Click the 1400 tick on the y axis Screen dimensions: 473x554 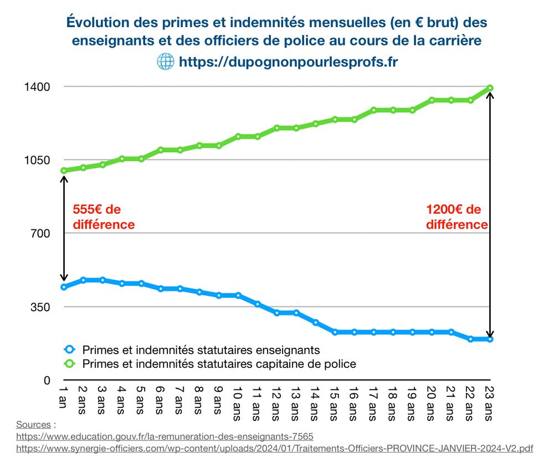click(37, 87)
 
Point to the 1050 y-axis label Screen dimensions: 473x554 click(37, 160)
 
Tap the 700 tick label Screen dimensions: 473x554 click(40, 233)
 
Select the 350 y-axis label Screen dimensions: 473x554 click(40, 307)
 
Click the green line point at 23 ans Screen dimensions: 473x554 click(490, 88)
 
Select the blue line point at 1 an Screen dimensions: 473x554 click(64, 287)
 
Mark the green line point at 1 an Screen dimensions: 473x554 click(64, 171)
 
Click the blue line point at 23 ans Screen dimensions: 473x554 click(490, 339)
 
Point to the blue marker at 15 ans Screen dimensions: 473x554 click(335, 332)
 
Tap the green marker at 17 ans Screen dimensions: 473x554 click(373, 110)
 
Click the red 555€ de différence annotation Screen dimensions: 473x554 click(104, 217)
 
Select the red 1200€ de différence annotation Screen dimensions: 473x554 click(456, 217)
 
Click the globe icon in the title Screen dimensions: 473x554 click(166, 61)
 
